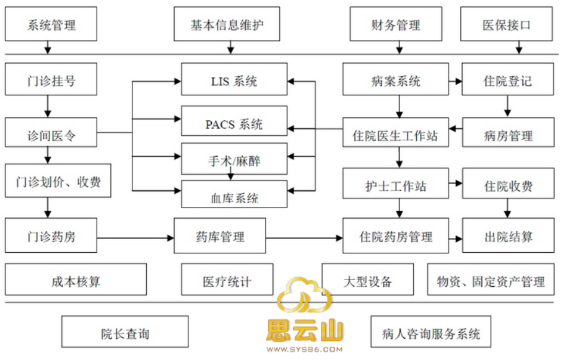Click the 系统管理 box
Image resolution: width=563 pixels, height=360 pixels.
51,25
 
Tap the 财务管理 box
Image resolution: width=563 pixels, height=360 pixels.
396,25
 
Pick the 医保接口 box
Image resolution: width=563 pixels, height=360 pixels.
507,25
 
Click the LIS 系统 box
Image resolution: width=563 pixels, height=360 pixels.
233,80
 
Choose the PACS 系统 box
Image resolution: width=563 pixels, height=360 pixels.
233,124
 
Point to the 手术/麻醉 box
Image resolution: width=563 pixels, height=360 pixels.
233,160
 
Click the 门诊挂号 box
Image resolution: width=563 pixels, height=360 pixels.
51,80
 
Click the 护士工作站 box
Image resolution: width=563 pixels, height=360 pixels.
396,186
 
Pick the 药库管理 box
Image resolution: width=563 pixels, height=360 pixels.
220,236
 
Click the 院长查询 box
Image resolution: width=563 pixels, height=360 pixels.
125,333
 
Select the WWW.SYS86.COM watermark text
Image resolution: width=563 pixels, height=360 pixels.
304,351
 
